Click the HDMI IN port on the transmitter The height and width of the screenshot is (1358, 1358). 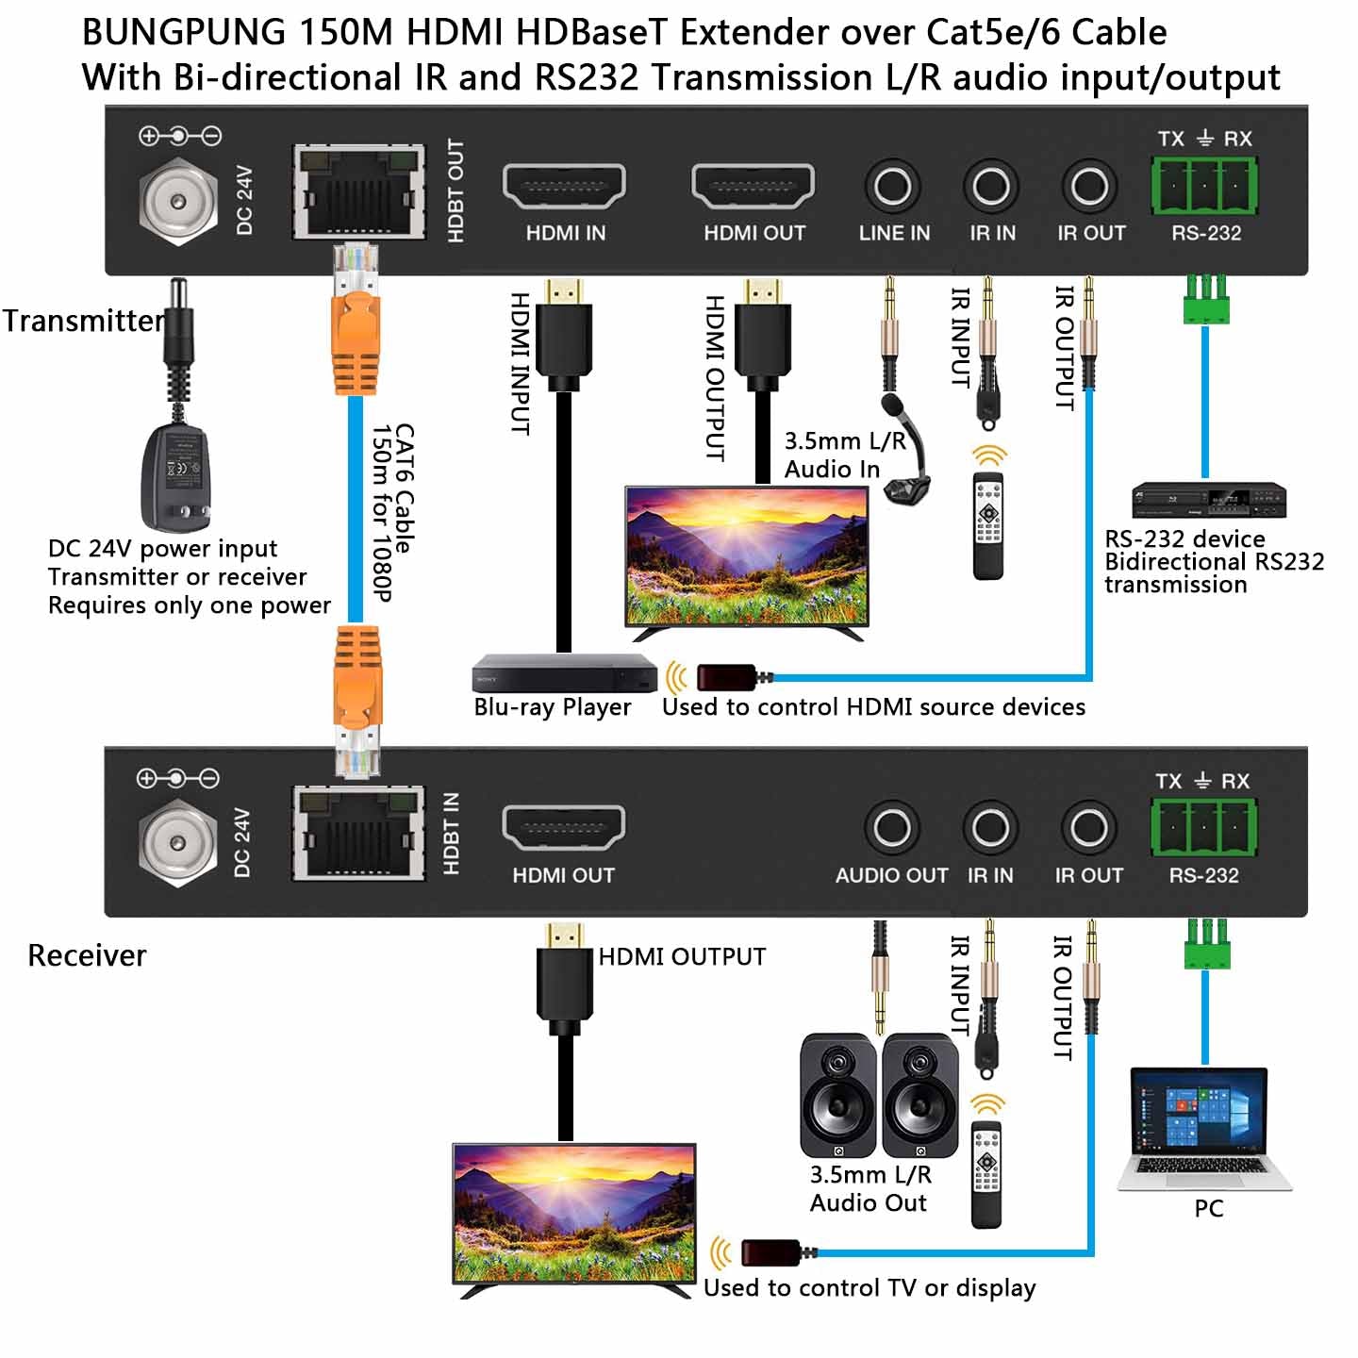point(565,186)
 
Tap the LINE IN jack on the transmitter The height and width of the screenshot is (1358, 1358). point(892,186)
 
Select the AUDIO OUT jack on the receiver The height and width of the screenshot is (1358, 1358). point(891,828)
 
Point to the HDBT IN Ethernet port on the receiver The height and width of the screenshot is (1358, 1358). point(357,834)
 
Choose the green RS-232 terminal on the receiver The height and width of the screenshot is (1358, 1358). point(1203,826)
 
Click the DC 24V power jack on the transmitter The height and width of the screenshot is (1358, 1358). point(178,201)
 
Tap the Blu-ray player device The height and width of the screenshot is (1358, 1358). point(564,673)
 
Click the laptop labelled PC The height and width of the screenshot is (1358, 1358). point(1203,1129)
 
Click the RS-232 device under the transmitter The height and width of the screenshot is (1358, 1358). point(1208,500)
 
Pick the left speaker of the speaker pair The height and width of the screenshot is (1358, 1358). point(837,1095)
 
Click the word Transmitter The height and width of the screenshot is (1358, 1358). point(83,321)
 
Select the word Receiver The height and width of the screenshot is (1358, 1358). point(87,955)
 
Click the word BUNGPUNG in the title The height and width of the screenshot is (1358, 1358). point(184,33)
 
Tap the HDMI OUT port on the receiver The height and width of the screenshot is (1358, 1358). point(563,828)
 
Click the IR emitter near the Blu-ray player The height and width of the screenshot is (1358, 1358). point(726,677)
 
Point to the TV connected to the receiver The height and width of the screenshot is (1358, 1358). point(574,1215)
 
